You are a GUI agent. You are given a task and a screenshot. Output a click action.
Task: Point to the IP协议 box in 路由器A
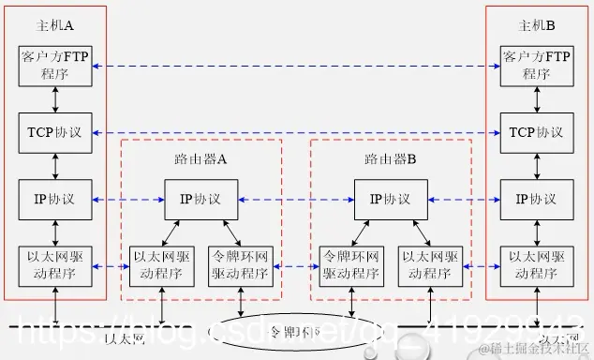tap(200, 199)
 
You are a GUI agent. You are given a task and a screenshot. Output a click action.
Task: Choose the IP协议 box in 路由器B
tap(390, 199)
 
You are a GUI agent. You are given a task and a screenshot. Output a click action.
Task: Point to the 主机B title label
tap(537, 24)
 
